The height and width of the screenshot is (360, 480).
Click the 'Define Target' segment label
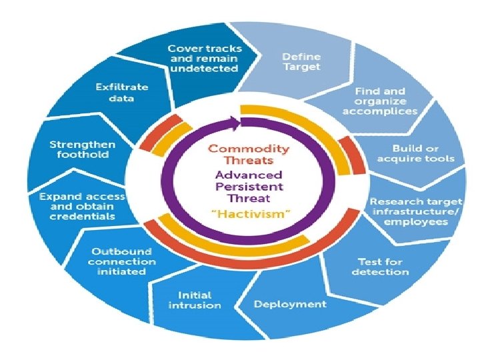click(x=301, y=61)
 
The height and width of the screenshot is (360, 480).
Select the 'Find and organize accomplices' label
click(x=379, y=101)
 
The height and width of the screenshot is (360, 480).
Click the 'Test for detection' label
click(x=380, y=267)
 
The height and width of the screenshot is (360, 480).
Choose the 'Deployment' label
click(x=290, y=304)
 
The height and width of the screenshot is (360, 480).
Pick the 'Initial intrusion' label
click(x=195, y=299)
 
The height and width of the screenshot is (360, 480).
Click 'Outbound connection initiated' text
click(x=121, y=262)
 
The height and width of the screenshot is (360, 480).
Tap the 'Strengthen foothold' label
click(x=82, y=149)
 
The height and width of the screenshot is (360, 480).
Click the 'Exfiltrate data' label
click(x=121, y=93)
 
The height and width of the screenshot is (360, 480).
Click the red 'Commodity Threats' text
click(x=248, y=154)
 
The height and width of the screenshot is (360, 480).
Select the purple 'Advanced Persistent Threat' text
click(x=248, y=186)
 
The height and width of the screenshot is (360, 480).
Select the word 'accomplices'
click(x=379, y=111)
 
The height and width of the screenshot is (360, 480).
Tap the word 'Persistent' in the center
click(x=248, y=186)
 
